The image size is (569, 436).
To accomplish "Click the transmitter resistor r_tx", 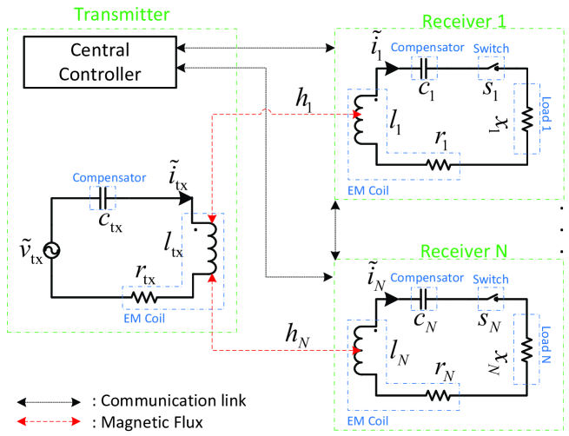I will click(x=143, y=297).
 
